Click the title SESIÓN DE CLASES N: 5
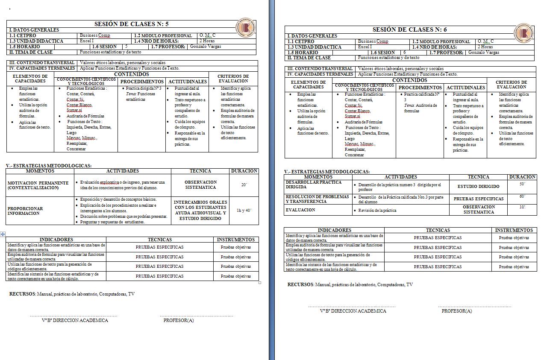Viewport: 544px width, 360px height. [x=131, y=24]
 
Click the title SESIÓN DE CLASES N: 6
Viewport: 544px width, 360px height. [x=409, y=29]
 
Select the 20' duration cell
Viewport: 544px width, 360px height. [x=244, y=185]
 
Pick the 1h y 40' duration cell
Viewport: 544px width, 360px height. [x=244, y=210]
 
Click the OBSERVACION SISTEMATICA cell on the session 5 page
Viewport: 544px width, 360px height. [x=200, y=184]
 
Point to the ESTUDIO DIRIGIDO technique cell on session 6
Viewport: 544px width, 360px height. [x=478, y=186]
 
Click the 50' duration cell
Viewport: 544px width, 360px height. [x=522, y=184]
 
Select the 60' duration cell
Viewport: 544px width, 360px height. [x=522, y=196]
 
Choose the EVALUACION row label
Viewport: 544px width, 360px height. [x=300, y=210]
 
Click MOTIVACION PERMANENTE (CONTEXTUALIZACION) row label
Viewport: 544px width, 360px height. [x=38, y=185]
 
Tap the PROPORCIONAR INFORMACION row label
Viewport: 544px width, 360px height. [x=25, y=211]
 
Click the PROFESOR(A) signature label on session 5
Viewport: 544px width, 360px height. [x=179, y=320]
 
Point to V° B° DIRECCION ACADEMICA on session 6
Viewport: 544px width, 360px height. [x=353, y=311]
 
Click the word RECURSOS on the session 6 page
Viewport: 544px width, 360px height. [x=300, y=284]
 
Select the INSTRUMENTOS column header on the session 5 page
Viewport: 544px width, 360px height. [x=235, y=240]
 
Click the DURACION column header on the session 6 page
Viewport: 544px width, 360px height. [x=522, y=177]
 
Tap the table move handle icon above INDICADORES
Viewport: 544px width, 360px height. [x=3, y=234]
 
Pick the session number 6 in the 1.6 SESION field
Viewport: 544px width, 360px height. [x=404, y=52]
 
